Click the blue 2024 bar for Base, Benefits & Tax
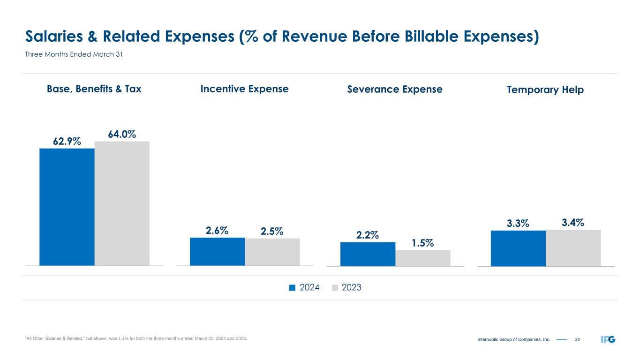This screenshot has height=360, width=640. coord(67,207)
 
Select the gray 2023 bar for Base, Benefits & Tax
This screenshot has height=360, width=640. coord(122,203)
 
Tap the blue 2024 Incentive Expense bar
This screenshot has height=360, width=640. coord(217,251)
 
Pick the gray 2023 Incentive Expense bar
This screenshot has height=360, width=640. coord(272,252)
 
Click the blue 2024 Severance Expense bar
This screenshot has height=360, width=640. coord(368,254)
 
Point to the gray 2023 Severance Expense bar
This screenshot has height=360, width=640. coord(423,258)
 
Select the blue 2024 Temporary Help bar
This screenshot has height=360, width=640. coord(518,248)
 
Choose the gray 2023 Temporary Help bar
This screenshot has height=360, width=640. coord(573,247)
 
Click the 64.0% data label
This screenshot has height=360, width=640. coord(122,134)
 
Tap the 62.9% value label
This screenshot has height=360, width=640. coord(67,141)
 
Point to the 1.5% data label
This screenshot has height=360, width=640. coord(423,243)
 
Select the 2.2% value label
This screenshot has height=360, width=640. coord(367,235)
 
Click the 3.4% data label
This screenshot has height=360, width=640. coord(573,223)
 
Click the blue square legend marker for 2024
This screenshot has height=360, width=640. coord(292,288)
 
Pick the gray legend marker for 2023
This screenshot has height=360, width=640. coord(335,288)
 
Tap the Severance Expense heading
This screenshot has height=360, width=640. coord(395,89)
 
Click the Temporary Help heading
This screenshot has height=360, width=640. coord(545,90)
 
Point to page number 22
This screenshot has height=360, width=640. coord(577,339)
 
